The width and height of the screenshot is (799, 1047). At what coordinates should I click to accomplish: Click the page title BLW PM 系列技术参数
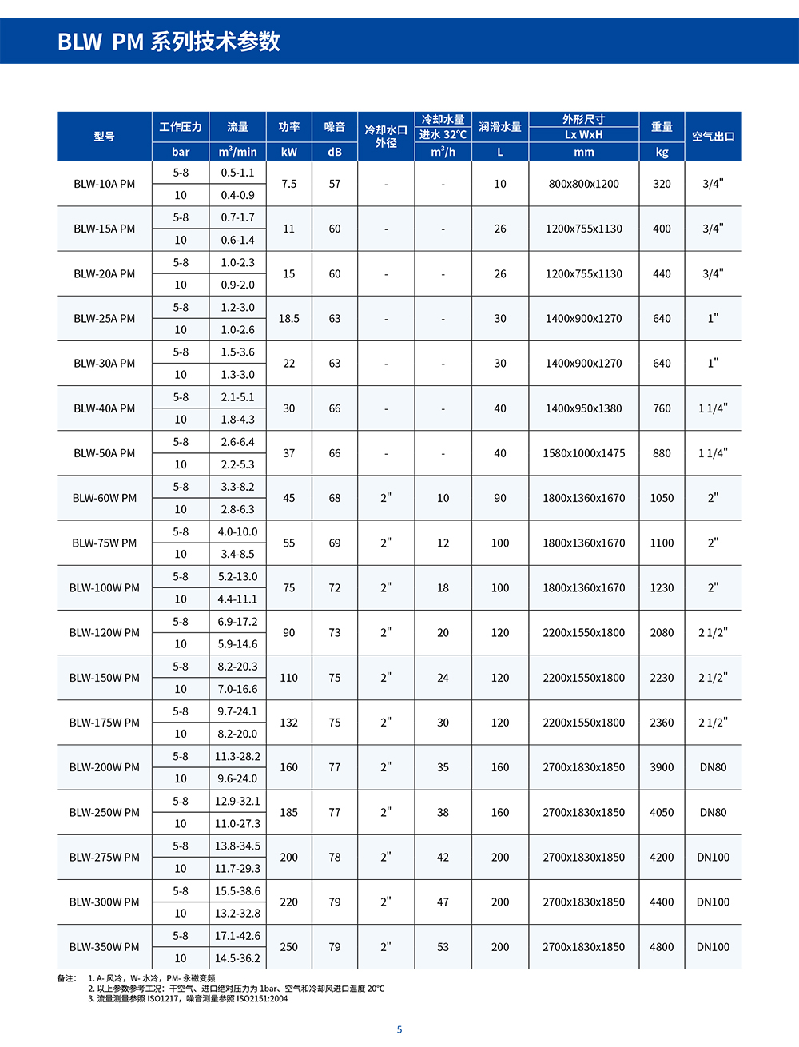[169, 42]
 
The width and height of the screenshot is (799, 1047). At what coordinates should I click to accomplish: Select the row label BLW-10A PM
[105, 184]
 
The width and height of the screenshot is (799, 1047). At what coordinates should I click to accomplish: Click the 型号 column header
[105, 137]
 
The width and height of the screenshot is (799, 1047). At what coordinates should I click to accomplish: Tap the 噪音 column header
[335, 127]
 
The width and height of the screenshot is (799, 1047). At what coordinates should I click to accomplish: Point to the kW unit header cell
[289, 152]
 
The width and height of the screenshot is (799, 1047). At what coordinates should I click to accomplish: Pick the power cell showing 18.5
[289, 318]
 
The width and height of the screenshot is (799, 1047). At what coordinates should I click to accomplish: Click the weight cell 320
[662, 184]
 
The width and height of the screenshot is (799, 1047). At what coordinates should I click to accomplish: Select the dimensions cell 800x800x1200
[583, 184]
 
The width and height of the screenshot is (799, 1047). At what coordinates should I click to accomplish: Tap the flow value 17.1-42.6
[237, 935]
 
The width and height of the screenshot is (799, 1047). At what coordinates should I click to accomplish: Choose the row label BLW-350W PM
[105, 947]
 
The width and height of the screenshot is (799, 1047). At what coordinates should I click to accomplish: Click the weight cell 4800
[662, 947]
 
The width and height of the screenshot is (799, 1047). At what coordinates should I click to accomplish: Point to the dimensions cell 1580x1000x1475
[583, 453]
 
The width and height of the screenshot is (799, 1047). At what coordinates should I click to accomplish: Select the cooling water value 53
[443, 947]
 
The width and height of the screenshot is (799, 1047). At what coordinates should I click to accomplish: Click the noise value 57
[335, 184]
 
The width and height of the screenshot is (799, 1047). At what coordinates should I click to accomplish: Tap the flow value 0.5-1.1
[237, 173]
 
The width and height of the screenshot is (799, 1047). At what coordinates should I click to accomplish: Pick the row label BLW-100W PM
[105, 587]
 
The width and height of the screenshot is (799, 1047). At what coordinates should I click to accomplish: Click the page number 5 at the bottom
[399, 1029]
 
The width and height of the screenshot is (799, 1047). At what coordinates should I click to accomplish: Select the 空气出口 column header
[713, 137]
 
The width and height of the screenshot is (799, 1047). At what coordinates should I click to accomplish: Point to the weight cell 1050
[662, 498]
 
